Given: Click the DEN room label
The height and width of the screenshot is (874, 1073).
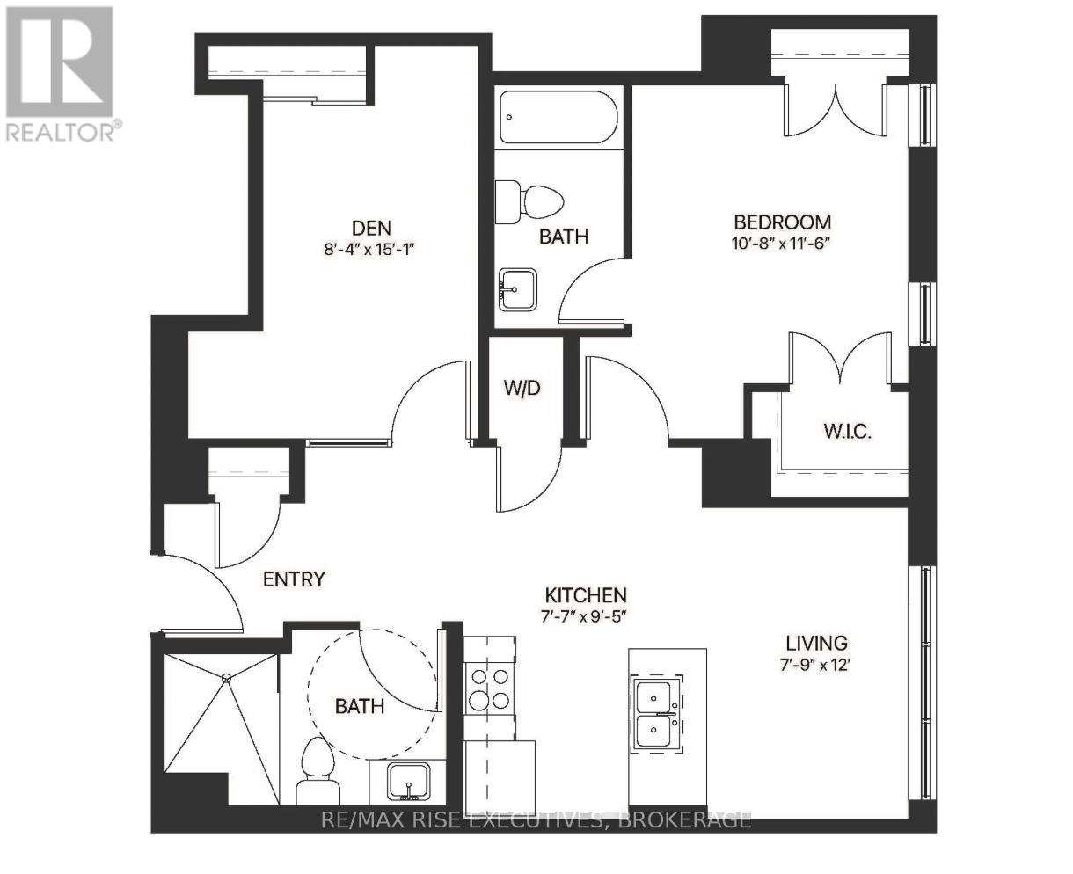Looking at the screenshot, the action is point(371,228).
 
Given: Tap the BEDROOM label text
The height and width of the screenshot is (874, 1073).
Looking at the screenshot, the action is point(783,222).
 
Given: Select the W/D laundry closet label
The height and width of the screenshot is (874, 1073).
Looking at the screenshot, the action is point(522,388).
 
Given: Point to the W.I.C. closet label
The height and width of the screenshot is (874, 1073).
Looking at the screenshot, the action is point(847,432).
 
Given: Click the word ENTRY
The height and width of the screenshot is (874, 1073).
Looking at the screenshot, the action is point(294,579).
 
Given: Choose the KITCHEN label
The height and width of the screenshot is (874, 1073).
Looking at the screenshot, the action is point(586,595).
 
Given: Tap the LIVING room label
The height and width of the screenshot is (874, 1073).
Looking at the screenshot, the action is point(817,643).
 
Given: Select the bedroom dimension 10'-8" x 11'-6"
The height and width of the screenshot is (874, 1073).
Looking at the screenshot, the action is point(781,244).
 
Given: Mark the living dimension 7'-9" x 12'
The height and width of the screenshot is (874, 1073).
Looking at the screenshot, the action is point(815,665).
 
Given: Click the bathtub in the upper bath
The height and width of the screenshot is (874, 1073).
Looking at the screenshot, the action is point(558,117).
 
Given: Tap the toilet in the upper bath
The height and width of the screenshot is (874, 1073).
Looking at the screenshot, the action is point(529,201).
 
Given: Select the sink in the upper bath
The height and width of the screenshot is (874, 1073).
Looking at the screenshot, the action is point(517,289).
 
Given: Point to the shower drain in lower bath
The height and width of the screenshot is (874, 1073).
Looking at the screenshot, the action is point(227,678).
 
